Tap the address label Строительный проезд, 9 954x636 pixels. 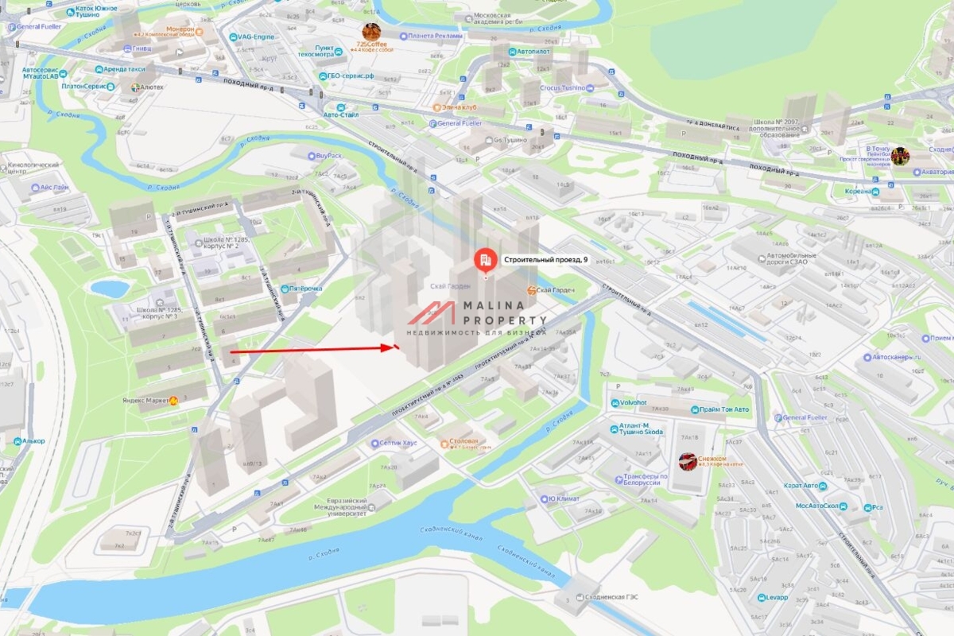coord(545,259)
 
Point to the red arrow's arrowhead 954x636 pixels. coord(394,347)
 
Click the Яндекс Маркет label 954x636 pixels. coord(145,401)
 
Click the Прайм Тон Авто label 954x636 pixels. coord(723,409)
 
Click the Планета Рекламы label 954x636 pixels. coord(434,36)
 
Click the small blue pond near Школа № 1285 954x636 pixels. coord(110,288)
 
